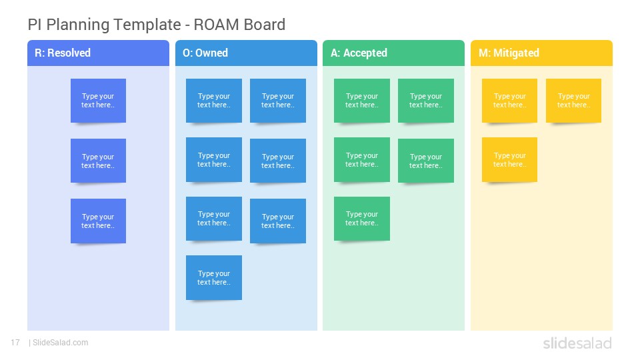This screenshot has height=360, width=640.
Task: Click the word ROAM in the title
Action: click(216, 25)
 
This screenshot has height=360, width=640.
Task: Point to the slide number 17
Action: click(15, 343)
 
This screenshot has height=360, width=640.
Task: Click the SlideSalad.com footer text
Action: click(61, 343)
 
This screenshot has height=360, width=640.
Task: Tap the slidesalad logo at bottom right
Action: click(577, 343)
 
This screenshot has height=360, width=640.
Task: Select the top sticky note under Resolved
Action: click(99, 101)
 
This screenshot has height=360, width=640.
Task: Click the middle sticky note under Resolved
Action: click(99, 161)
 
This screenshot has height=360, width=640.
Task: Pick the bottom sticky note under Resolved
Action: click(99, 221)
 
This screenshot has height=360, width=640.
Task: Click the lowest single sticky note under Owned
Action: click(214, 277)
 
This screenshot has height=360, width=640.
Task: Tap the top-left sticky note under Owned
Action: click(214, 101)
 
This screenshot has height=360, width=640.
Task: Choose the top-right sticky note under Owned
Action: click(278, 101)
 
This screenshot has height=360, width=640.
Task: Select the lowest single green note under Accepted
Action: click(362, 219)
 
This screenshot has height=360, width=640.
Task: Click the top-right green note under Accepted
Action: click(426, 101)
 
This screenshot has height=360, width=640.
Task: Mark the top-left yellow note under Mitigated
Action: click(510, 101)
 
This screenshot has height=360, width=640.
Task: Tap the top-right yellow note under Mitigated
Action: click(574, 101)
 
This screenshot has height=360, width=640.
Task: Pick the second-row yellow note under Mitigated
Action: click(510, 159)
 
